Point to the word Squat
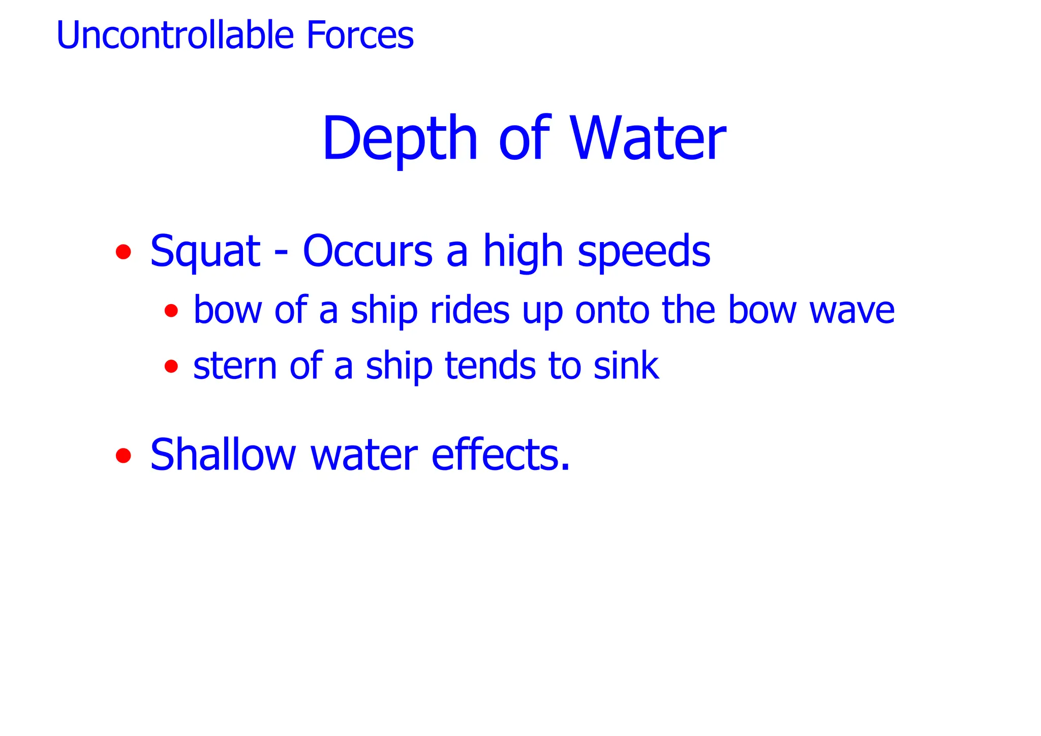point(205,251)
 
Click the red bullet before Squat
point(123,252)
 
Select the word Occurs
point(368,251)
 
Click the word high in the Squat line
point(523,251)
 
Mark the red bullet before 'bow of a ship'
point(171,310)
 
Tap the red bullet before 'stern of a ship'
point(171,366)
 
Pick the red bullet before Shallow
point(123,455)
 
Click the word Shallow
point(223,454)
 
